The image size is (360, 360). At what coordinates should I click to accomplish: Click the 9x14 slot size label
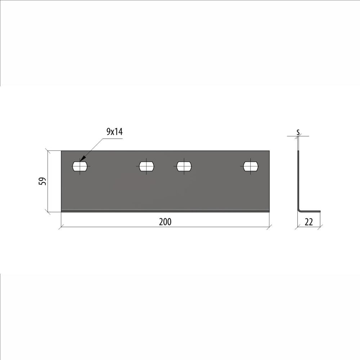pyautogui.click(x=114, y=132)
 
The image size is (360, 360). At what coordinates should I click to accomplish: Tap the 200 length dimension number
pyautogui.click(x=165, y=222)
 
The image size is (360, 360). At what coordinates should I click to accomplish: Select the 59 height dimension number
pyautogui.click(x=42, y=181)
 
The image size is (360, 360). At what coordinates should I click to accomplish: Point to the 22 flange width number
pyautogui.click(x=309, y=222)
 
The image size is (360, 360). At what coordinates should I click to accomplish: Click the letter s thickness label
pyautogui.click(x=298, y=132)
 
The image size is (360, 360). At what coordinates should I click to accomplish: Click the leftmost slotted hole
pyautogui.click(x=80, y=166)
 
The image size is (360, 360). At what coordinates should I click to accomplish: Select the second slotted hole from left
pyautogui.click(x=147, y=166)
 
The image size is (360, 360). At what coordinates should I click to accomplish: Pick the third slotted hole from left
pyautogui.click(x=184, y=166)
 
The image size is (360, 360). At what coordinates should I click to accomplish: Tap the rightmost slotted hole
pyautogui.click(x=251, y=166)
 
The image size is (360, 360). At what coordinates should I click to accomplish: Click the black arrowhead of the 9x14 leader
pyautogui.click(x=83, y=158)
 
